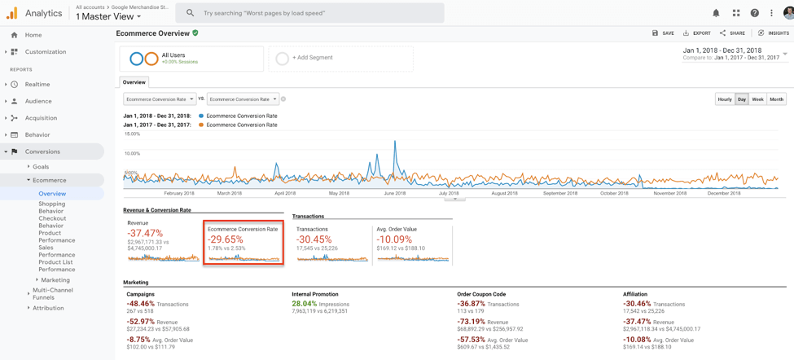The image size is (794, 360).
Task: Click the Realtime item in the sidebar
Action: pos(37,85)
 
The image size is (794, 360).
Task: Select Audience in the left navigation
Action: pos(38,101)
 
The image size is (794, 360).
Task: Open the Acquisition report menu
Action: pos(41,118)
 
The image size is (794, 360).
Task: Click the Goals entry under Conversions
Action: pos(41,166)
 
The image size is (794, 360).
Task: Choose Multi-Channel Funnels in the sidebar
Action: pos(52,293)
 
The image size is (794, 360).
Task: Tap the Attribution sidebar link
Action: pos(48,308)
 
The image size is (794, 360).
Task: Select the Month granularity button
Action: pos(776,99)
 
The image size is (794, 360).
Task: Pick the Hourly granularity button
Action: pos(724,99)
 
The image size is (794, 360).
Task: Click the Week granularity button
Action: pos(757,99)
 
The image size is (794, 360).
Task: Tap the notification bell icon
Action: pos(716,13)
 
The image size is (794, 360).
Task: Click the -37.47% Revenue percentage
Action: pos(145,233)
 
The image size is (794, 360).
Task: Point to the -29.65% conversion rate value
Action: pos(226,239)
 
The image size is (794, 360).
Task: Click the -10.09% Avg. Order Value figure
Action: pos(394,239)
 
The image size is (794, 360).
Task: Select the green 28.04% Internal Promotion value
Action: pos(304,304)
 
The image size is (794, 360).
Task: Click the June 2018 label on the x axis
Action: pos(394,193)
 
